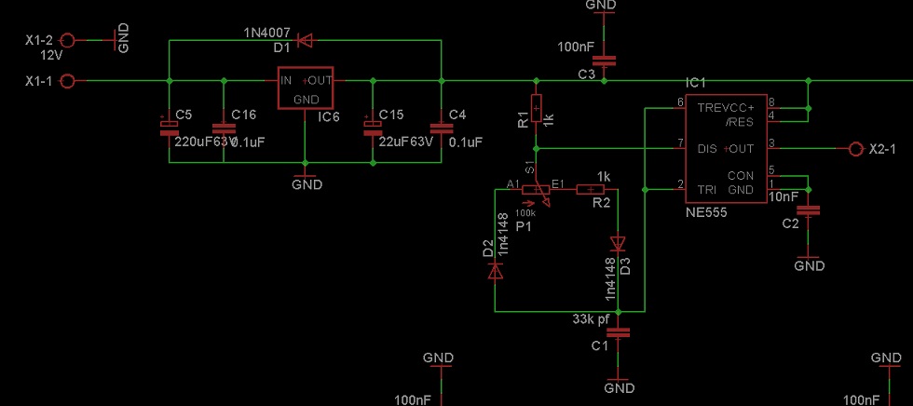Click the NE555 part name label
click(705, 212)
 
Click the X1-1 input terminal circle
click(67, 81)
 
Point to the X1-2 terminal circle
click(67, 40)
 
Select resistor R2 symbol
click(590, 190)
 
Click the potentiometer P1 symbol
click(536, 191)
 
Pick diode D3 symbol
click(617, 244)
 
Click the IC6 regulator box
click(307, 88)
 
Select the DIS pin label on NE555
click(707, 148)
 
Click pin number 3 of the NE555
click(771, 142)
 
